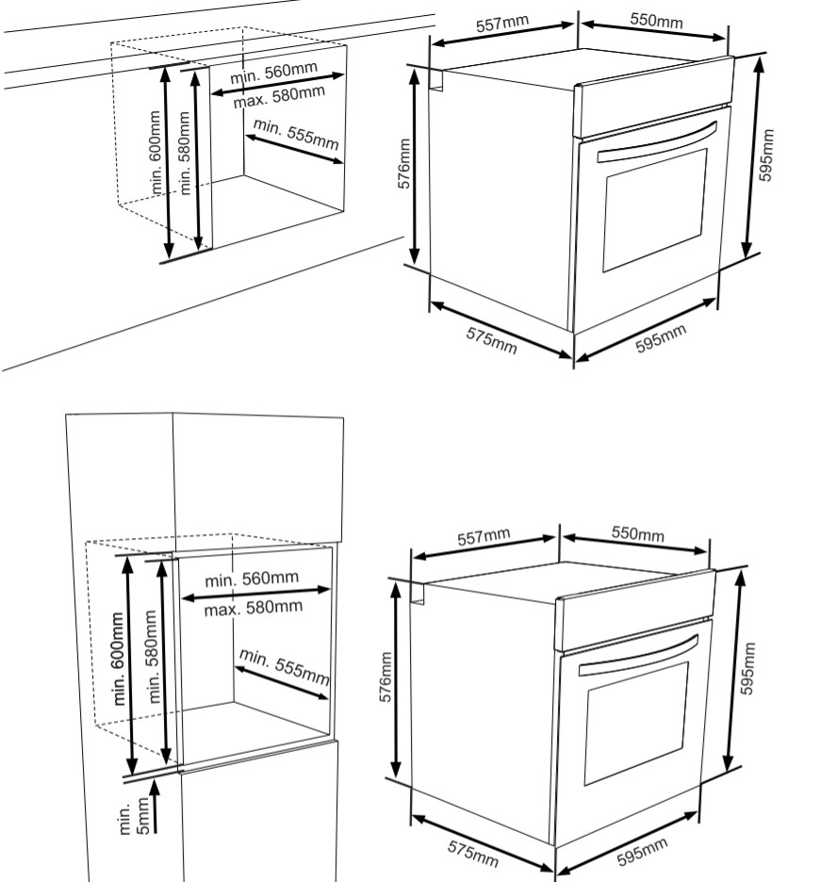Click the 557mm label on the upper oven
click(x=502, y=23)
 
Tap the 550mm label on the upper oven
click(x=656, y=20)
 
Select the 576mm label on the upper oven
click(x=404, y=164)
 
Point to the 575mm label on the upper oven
click(x=491, y=340)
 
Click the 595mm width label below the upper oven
click(x=661, y=338)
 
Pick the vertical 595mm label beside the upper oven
click(x=766, y=155)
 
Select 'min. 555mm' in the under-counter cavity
click(x=296, y=135)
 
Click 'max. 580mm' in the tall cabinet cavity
click(x=254, y=608)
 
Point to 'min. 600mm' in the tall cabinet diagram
click(x=118, y=659)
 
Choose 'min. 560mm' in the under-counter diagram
click(x=274, y=73)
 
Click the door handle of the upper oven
click(x=657, y=143)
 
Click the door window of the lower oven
click(x=636, y=724)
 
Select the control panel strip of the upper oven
click(x=655, y=97)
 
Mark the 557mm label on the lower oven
click(x=484, y=536)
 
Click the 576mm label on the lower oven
click(x=385, y=678)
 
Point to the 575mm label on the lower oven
click(x=472, y=854)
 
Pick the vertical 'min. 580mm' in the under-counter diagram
click(x=185, y=153)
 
